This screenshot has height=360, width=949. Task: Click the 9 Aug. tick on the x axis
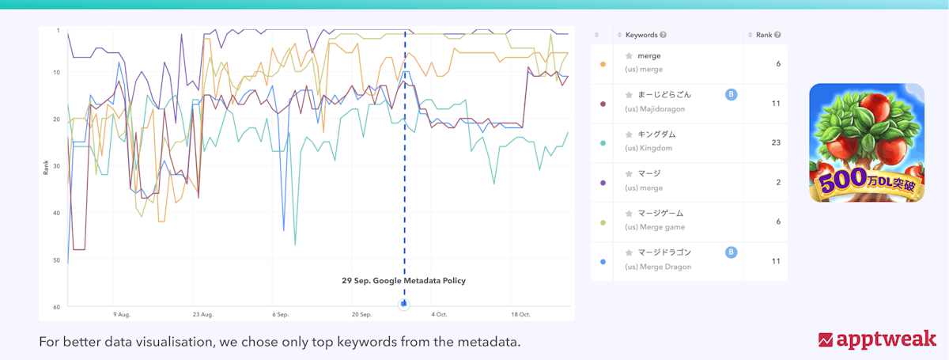(x=121, y=314)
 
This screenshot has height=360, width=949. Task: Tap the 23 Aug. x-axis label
(x=202, y=314)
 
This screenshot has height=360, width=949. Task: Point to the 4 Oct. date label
(x=439, y=314)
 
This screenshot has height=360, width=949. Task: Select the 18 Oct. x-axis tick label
(x=520, y=314)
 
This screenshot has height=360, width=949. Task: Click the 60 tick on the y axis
(x=57, y=306)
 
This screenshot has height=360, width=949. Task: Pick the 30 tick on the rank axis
(x=57, y=165)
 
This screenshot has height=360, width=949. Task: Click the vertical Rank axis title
(x=47, y=168)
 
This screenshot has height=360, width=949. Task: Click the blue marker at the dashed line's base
(x=404, y=303)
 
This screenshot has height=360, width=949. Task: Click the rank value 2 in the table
(x=778, y=182)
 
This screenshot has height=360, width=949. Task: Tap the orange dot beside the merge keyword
(x=603, y=63)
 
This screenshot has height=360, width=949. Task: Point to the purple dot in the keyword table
(x=603, y=182)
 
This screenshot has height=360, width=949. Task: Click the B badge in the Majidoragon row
(x=731, y=95)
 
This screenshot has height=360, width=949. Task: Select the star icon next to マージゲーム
(x=629, y=214)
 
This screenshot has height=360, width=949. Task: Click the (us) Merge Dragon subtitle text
(x=658, y=267)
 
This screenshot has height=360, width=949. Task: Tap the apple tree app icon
(x=867, y=142)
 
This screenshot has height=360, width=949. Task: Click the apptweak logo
(x=877, y=339)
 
